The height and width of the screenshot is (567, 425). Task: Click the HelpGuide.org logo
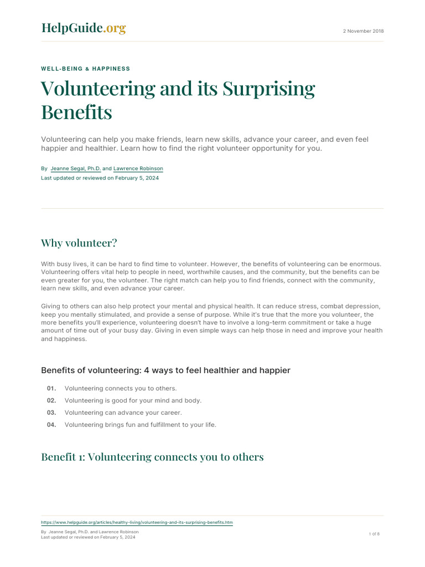(x=84, y=28)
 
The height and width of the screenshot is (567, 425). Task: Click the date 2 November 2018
(x=364, y=31)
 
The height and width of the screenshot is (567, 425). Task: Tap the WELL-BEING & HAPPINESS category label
(x=86, y=69)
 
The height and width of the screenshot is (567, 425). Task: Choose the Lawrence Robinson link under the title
(x=138, y=168)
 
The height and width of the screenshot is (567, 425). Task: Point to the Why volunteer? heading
(x=79, y=243)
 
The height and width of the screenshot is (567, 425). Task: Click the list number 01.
(x=51, y=389)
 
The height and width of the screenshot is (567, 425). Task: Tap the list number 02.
(x=51, y=400)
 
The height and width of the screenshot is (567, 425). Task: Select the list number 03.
(x=51, y=413)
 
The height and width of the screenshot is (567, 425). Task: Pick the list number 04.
(x=51, y=425)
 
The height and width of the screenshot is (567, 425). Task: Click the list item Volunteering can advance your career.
(x=123, y=413)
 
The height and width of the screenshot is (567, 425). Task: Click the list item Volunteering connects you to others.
(x=121, y=389)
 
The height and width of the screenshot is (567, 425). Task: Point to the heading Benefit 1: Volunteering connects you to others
(x=152, y=457)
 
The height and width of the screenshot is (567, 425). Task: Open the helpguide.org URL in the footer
(x=137, y=522)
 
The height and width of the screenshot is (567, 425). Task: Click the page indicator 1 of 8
(x=374, y=534)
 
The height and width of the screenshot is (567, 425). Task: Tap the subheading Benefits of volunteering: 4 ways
(x=165, y=370)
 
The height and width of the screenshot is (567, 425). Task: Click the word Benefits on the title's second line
(x=76, y=112)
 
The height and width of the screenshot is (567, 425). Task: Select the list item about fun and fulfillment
(x=140, y=425)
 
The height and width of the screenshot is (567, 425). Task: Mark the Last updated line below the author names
(x=100, y=178)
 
